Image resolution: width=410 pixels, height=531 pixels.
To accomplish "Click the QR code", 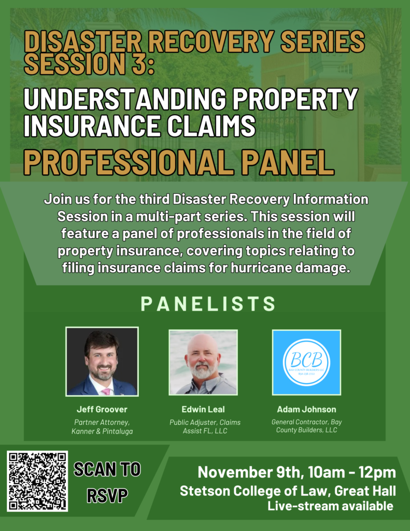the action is click(37, 481).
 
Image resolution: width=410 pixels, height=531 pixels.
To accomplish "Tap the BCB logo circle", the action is click(306, 362).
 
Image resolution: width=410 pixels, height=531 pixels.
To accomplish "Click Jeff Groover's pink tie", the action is click(106, 392).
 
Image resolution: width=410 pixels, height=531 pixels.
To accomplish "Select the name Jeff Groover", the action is click(102, 409).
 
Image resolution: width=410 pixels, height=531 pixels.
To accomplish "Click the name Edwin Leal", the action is click(203, 409).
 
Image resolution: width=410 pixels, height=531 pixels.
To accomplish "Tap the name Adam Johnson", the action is click(306, 409).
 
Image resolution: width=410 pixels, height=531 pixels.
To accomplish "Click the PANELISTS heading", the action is click(208, 304).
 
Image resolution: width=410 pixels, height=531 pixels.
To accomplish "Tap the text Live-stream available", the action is click(331, 506).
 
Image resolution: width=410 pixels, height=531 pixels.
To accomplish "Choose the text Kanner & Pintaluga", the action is click(102, 431).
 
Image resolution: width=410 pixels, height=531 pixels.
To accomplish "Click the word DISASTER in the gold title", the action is click(82, 41).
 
